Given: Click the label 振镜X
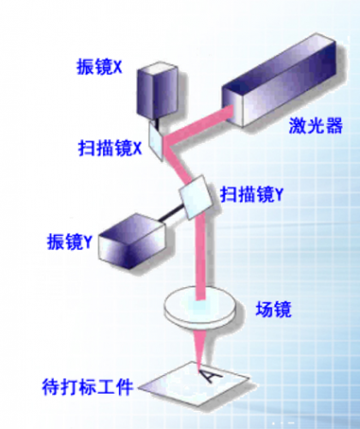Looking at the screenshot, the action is pyautogui.click(x=99, y=67).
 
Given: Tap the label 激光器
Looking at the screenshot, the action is pyautogui.click(x=315, y=125).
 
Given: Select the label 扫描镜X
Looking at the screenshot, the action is pyautogui.click(x=110, y=148).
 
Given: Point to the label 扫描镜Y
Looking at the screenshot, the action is pyautogui.click(x=251, y=195).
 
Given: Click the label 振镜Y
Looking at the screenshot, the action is pyautogui.click(x=69, y=242).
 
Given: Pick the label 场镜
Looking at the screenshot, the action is pyautogui.click(x=273, y=310).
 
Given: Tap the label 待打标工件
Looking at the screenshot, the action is pyautogui.click(x=87, y=387).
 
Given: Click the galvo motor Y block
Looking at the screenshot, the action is pyautogui.click(x=132, y=241).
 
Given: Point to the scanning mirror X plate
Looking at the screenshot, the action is pyautogui.click(x=156, y=141).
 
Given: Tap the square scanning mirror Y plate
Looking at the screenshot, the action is pyautogui.click(x=196, y=197).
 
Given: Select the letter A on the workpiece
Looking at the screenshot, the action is pyautogui.click(x=211, y=375).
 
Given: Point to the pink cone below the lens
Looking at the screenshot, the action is pyautogui.click(x=200, y=347).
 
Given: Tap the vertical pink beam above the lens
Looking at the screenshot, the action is pyautogui.click(x=201, y=257).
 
